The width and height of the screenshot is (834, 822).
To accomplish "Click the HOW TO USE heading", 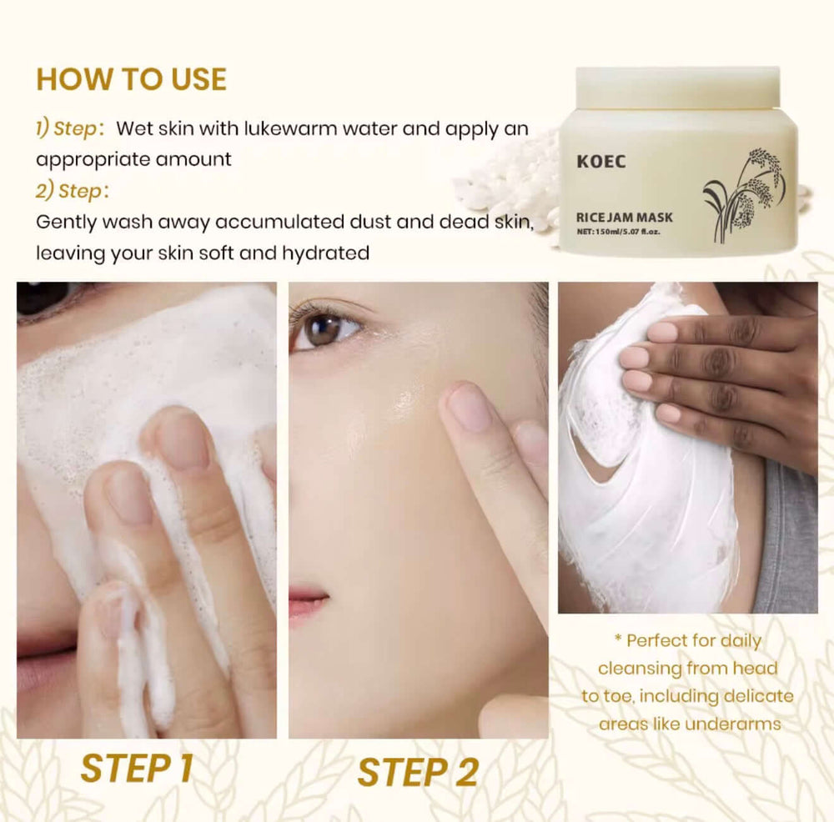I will (131, 79).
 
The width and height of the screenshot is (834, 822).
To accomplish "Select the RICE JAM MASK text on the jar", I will (624, 218).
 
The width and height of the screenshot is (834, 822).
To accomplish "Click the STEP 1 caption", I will (137, 768).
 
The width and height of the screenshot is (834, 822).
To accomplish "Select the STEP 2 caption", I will (417, 772).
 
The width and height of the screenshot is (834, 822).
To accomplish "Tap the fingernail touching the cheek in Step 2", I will (468, 407).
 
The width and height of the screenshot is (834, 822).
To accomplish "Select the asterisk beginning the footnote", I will (618, 640).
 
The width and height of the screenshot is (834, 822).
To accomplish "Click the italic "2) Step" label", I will (67, 191).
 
